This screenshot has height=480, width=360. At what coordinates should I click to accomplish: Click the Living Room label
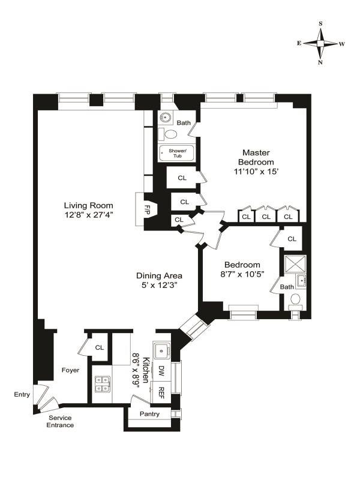[88, 205]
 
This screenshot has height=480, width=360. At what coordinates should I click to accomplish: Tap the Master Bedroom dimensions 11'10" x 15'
[256, 172]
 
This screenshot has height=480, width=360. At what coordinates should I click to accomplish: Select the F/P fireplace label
[146, 209]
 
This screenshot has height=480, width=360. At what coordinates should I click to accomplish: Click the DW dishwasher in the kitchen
[161, 371]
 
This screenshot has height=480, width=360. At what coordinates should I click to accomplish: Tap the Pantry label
[149, 414]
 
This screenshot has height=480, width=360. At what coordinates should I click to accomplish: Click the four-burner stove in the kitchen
[103, 384]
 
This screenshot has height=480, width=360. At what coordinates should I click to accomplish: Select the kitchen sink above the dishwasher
[162, 350]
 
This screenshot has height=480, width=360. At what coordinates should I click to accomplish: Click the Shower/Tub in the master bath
[177, 153]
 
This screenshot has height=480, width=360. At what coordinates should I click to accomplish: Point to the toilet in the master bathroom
[169, 134]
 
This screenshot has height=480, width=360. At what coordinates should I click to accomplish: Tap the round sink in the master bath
[166, 117]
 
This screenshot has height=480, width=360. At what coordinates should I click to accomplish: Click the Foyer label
[70, 370]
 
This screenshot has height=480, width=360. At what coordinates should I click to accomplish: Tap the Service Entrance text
[60, 422]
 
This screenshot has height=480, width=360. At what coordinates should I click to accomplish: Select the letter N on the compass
[320, 62]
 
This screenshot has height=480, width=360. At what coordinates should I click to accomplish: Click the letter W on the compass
[342, 44]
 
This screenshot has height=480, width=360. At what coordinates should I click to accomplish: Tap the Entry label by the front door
[22, 394]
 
